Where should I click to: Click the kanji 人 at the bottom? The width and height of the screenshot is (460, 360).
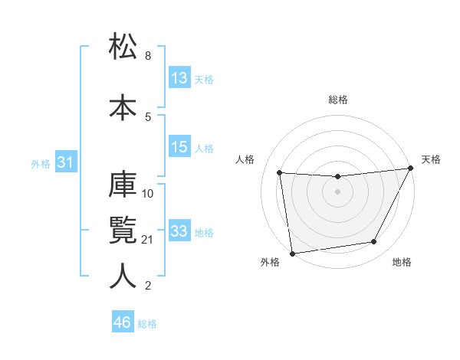point(123,276)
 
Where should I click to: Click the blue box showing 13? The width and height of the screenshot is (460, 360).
point(179,78)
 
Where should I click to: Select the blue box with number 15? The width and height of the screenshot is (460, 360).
point(179,147)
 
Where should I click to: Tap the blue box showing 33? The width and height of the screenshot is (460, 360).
point(179,231)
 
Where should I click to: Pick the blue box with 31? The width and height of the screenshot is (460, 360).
point(64,162)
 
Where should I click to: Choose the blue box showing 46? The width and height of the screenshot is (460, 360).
point(123,322)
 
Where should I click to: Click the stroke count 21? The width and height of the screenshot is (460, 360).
point(148,240)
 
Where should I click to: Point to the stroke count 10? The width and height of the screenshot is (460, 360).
point(148,193)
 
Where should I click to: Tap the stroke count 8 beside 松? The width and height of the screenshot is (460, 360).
point(148,56)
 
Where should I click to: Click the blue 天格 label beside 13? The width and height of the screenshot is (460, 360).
point(204,80)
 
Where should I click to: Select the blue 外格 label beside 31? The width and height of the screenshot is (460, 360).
point(41,163)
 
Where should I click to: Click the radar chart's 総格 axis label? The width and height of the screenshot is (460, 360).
point(338,100)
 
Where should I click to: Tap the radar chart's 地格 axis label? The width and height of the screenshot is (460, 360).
point(402,263)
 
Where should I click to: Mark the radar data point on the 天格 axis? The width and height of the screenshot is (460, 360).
point(410,168)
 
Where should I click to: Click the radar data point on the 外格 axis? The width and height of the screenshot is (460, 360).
point(291,253)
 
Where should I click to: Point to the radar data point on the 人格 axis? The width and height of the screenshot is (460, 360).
point(280,173)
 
